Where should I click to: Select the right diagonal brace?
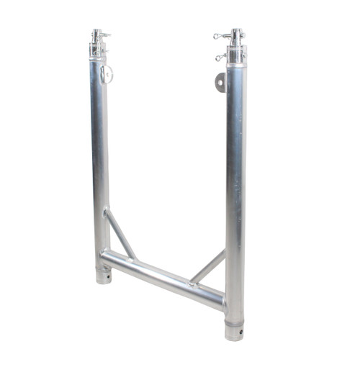point(209,266)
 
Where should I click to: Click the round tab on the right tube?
point(220,81)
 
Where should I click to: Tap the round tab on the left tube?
point(107,73)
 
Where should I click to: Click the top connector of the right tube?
point(236,45)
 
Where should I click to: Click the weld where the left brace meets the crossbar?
point(132,257)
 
